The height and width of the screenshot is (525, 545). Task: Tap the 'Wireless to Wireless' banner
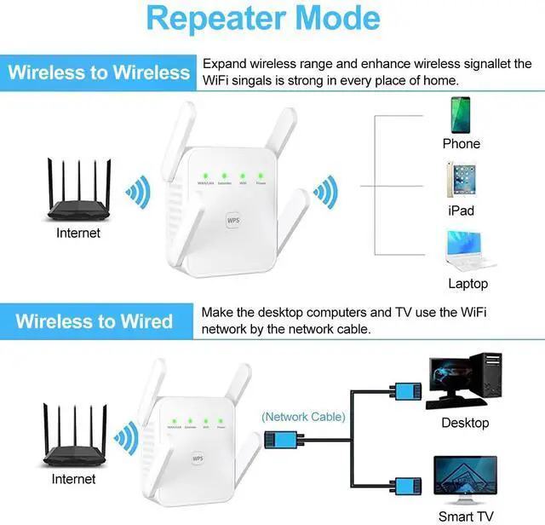coord(98,72)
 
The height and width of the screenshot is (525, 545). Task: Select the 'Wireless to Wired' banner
coord(94,320)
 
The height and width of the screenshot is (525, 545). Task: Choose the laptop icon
coord(467,250)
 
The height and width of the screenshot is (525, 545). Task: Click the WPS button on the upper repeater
coord(233,219)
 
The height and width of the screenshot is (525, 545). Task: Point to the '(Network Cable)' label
coord(303,417)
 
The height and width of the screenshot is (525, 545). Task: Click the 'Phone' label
coord(461,144)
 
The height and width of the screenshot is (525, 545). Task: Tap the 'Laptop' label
coord(468,284)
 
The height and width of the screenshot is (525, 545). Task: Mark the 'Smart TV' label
coord(467,516)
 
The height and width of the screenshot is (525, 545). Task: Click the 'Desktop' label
coord(465,423)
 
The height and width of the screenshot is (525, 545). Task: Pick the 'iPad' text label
coord(461,211)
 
